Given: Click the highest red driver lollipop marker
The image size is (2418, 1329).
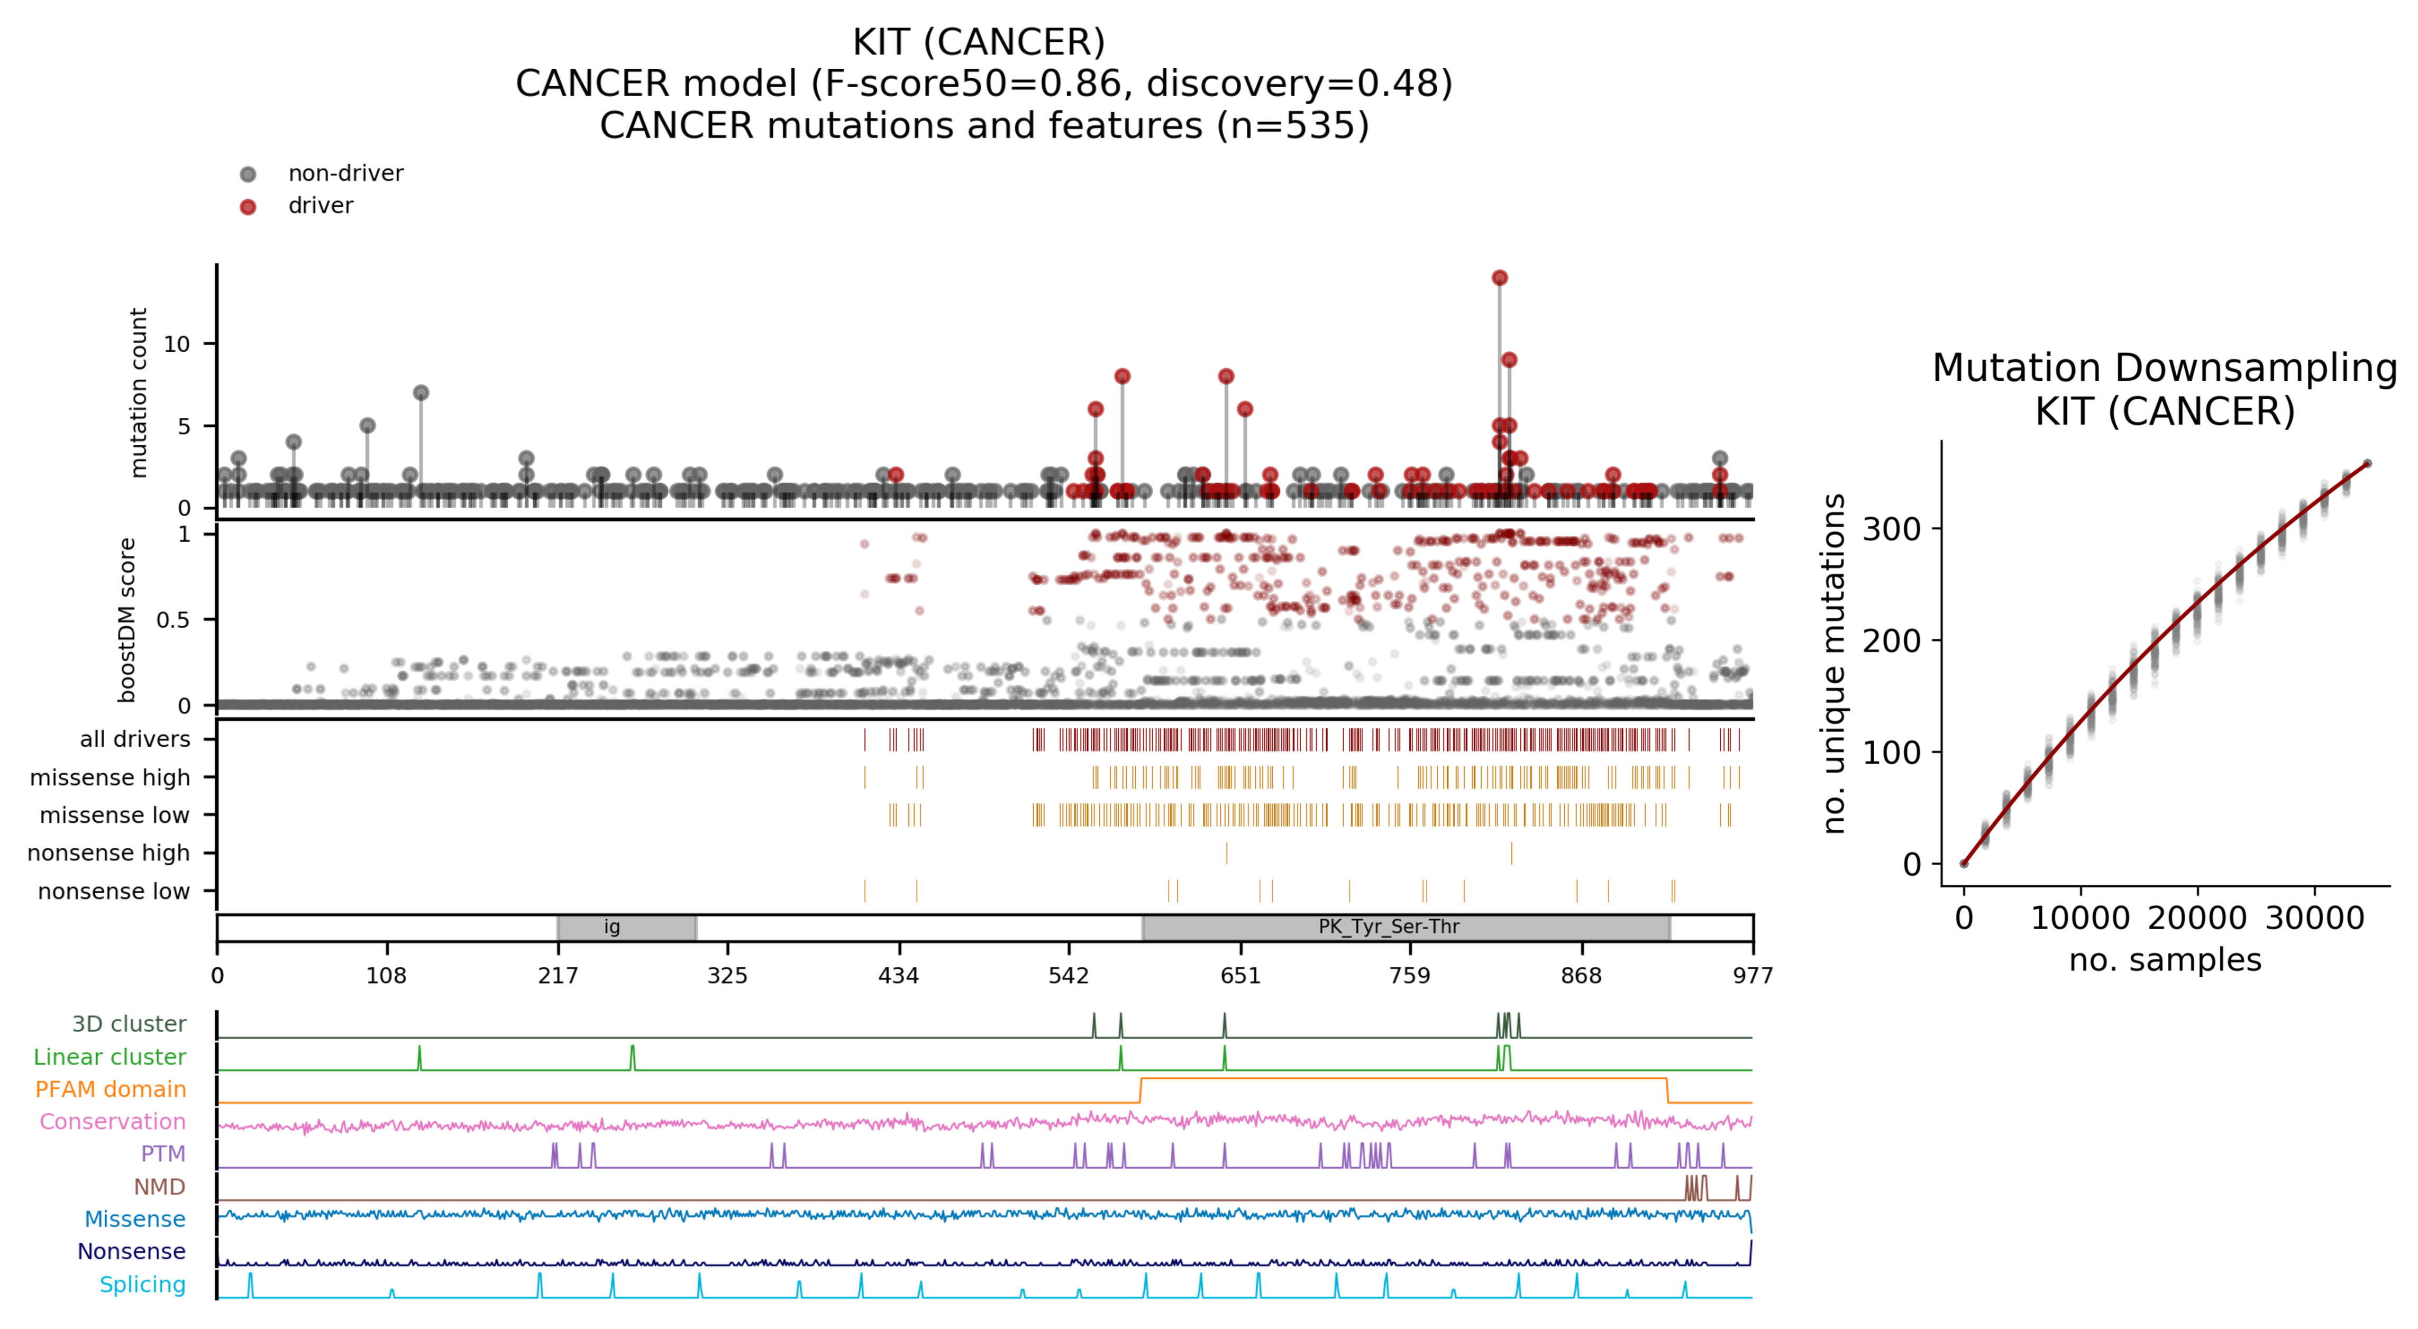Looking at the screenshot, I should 1499,278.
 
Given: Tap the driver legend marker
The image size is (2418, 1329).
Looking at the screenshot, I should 248,206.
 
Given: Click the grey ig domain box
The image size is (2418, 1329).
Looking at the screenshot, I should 626,927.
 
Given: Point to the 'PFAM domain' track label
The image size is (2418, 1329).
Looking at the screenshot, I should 111,1089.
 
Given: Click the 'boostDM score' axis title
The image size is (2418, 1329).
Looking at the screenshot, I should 127,619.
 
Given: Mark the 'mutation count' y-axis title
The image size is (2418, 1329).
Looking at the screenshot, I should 139,392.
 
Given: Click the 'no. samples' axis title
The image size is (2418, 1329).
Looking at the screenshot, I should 2165,960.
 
